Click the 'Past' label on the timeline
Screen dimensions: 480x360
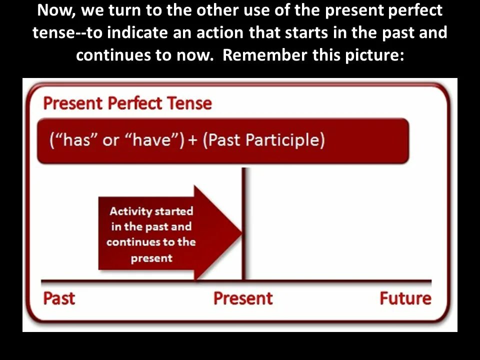59,298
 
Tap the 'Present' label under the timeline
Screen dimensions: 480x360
243,298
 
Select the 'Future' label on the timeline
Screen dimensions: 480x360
405,298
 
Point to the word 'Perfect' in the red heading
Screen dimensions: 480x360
134,103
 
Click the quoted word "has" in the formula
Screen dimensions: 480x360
73,140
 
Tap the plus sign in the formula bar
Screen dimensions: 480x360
193,140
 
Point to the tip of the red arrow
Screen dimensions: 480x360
242,232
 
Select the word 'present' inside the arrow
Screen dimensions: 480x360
151,258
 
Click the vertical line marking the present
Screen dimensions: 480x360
243,223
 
